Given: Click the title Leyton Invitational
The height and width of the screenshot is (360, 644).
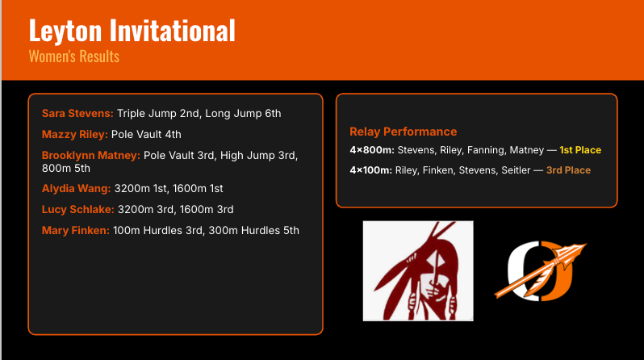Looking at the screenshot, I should click(x=132, y=31).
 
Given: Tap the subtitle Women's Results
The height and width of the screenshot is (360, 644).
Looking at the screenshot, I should click(x=73, y=57).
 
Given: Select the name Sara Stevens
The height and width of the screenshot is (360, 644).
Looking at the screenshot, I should click(x=78, y=114).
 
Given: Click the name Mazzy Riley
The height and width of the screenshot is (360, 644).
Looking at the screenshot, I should click(x=74, y=134).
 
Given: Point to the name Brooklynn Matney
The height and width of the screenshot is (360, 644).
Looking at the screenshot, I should click(x=90, y=155).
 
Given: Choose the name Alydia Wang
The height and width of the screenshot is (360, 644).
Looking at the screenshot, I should click(x=76, y=189).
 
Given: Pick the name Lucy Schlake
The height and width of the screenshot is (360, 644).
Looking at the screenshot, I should click(x=77, y=210).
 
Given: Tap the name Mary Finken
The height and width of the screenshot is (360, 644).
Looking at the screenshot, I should click(x=76, y=231).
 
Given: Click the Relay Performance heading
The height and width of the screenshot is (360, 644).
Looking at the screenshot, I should click(x=403, y=132).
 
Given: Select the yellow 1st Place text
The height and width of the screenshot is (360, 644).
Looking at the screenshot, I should click(x=580, y=150).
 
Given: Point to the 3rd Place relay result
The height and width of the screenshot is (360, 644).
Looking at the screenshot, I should click(x=568, y=170).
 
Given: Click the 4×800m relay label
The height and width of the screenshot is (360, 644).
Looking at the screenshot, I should click(x=371, y=150).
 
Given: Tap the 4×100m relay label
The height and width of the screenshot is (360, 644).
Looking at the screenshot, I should click(x=371, y=170).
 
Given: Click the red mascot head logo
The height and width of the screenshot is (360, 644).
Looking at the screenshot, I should click(x=418, y=270).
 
